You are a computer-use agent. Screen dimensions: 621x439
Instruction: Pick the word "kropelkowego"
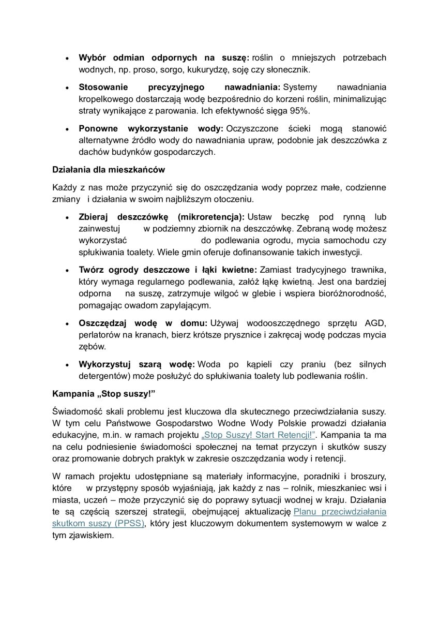[104, 99]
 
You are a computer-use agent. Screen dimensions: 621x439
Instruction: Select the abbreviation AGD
[375, 323]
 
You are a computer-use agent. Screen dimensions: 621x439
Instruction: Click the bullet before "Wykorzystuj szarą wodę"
[67, 365]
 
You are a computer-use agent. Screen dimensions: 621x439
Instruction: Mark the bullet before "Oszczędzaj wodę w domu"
[67, 323]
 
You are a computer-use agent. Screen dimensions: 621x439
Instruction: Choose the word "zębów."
[92, 346]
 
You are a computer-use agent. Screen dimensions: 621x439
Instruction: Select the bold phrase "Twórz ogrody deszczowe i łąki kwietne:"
[168, 270]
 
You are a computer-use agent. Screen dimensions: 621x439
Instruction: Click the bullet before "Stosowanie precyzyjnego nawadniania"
[67, 87]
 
